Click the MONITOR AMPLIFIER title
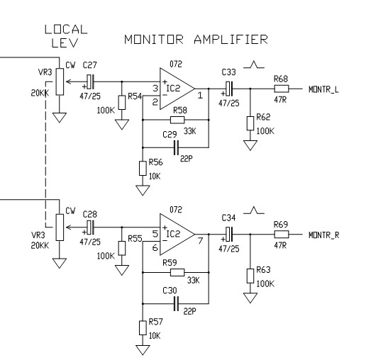pyautogui.click(x=196, y=39)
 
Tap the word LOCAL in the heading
pyautogui.click(x=66, y=30)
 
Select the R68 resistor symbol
pyautogui.click(x=282, y=89)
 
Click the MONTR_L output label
pyautogui.click(x=323, y=89)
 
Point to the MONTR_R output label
pyautogui.click(x=324, y=235)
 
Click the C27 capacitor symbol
pyautogui.click(x=90, y=82)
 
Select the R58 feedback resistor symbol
pyautogui.click(x=177, y=120)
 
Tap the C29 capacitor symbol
pyautogui.click(x=176, y=147)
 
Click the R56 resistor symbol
pyautogui.click(x=143, y=169)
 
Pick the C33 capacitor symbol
pyautogui.click(x=229, y=89)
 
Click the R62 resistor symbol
pyautogui.click(x=250, y=123)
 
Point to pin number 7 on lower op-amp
pyautogui.click(x=200, y=241)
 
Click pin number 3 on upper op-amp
pyautogui.click(x=155, y=89)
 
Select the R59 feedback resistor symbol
pyautogui.click(x=177, y=273)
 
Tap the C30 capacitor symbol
pyautogui.click(x=176, y=303)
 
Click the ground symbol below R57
pyautogui.click(x=143, y=350)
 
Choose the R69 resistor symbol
pyautogui.click(x=282, y=235)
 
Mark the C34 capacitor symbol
pyautogui.click(x=229, y=235)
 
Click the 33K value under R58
pyautogui.click(x=189, y=131)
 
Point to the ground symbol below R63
pyautogui.click(x=250, y=298)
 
